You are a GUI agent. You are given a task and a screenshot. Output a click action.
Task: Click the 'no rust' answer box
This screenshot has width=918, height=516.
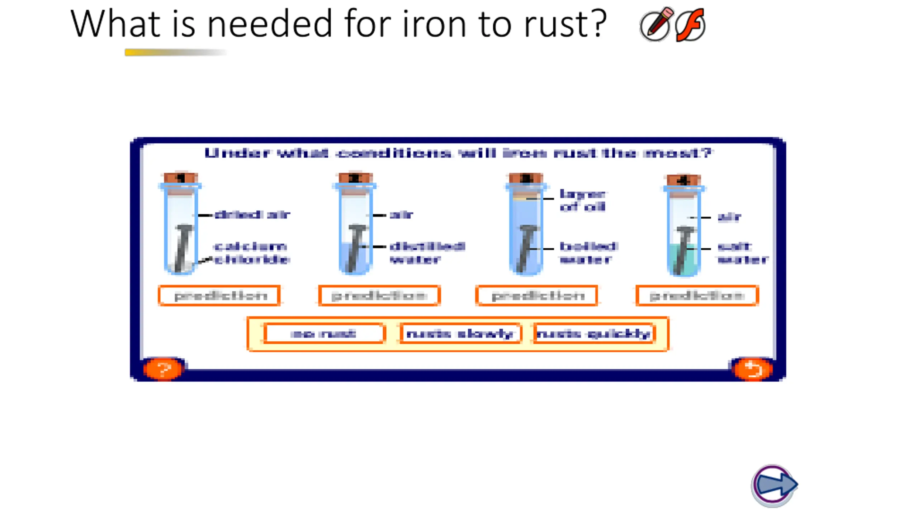[324, 334]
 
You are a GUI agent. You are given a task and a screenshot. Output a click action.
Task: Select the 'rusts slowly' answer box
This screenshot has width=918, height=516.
[460, 334]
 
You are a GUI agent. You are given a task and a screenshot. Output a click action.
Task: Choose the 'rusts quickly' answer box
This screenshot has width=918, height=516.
[594, 334]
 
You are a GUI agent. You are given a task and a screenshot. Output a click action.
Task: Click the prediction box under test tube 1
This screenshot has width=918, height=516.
[219, 296]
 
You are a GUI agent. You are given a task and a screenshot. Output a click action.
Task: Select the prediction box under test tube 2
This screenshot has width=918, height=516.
[379, 296]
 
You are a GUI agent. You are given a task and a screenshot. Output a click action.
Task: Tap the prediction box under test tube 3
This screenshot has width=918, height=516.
[537, 296]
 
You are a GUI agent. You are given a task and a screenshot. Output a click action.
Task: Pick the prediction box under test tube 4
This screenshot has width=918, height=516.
[697, 296]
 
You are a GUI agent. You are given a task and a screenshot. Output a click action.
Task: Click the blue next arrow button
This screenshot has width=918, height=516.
[775, 485]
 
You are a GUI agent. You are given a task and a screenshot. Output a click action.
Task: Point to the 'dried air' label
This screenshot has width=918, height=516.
[252, 215]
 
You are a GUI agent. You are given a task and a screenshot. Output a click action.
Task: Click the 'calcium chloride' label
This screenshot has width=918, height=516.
[251, 253]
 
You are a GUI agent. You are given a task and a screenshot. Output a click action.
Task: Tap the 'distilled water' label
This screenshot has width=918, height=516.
[427, 253]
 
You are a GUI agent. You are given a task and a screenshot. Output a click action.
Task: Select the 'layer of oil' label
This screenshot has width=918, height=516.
[582, 201]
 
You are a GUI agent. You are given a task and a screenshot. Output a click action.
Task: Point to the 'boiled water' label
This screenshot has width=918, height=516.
[588, 253]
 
